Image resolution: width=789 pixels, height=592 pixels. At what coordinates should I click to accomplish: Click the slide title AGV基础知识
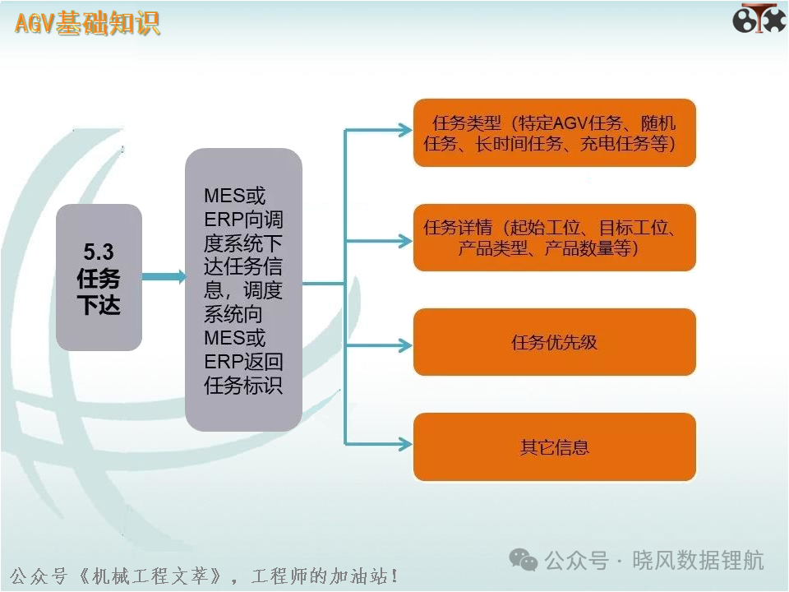[x=88, y=23]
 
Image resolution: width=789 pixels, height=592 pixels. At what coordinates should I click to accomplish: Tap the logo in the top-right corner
[x=759, y=19]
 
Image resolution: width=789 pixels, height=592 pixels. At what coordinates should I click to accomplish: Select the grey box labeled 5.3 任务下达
[x=99, y=277]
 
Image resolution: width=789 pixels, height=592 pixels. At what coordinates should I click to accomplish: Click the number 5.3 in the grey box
[x=99, y=252]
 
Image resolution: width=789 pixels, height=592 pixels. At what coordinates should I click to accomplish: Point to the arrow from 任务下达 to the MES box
[x=164, y=276]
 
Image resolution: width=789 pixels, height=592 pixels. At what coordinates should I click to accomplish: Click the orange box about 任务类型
[x=555, y=133]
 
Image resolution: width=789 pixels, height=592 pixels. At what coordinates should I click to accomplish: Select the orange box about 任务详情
[x=555, y=238]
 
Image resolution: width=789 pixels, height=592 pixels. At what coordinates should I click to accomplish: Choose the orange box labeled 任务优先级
[x=555, y=342]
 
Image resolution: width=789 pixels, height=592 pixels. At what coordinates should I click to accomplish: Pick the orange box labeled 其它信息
[x=555, y=447]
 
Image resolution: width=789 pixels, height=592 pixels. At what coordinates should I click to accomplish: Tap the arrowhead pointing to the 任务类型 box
[x=405, y=130]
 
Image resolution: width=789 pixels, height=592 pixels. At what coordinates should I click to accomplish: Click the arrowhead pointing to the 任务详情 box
[x=405, y=241]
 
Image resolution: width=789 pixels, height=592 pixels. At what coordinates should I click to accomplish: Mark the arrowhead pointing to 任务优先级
[x=405, y=345]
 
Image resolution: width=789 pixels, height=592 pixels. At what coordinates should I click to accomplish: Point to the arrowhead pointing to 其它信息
[x=405, y=444]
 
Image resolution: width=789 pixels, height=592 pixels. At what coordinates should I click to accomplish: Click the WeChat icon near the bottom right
[x=524, y=560]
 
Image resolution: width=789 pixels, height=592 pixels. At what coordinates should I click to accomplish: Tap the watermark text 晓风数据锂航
[x=698, y=560]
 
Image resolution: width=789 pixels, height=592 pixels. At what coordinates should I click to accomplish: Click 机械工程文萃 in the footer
[x=150, y=576]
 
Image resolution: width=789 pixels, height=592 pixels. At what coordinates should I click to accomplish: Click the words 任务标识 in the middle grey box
[x=243, y=386]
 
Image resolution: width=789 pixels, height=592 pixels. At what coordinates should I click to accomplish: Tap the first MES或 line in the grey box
[x=234, y=196]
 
